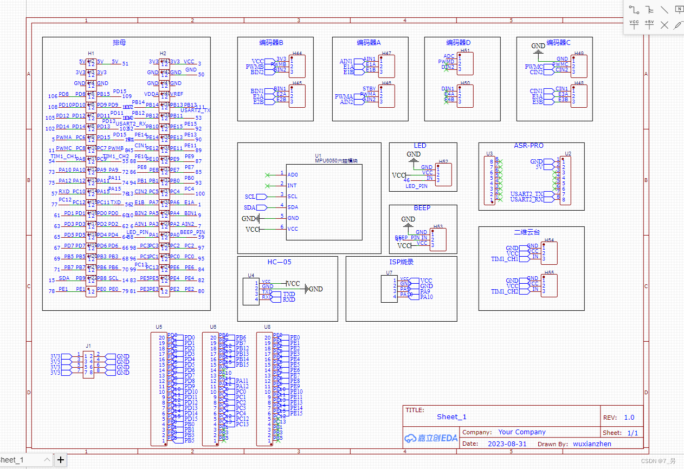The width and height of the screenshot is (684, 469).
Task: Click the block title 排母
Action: [x=119, y=42]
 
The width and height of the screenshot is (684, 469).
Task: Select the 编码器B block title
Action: [x=271, y=42]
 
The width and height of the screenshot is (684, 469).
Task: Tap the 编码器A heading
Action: [x=369, y=42]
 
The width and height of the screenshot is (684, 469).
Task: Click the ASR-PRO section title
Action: [x=528, y=146]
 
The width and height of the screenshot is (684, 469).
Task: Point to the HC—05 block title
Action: [x=279, y=262]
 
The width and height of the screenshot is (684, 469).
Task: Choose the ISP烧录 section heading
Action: [x=401, y=262]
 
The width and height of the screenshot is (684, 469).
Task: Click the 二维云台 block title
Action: [x=527, y=232]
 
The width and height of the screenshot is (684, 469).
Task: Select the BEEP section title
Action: [x=422, y=208]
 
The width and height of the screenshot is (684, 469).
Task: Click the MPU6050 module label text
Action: [x=337, y=161]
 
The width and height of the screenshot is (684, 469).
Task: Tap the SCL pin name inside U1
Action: [x=292, y=197]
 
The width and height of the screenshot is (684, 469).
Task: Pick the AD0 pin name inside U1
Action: [x=292, y=175]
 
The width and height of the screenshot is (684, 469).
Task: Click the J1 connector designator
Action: [x=88, y=345]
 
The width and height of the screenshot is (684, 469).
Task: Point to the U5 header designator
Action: [x=159, y=327]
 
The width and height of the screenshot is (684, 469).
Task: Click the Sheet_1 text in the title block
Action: [x=451, y=417]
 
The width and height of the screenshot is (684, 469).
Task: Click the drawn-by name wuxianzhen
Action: [x=592, y=444]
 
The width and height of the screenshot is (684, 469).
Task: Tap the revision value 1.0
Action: [x=629, y=418]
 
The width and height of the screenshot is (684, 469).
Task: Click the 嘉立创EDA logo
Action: [x=431, y=438]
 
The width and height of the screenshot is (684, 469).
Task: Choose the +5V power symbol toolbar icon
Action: [x=649, y=24]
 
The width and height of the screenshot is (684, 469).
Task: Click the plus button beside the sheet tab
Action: [x=61, y=460]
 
